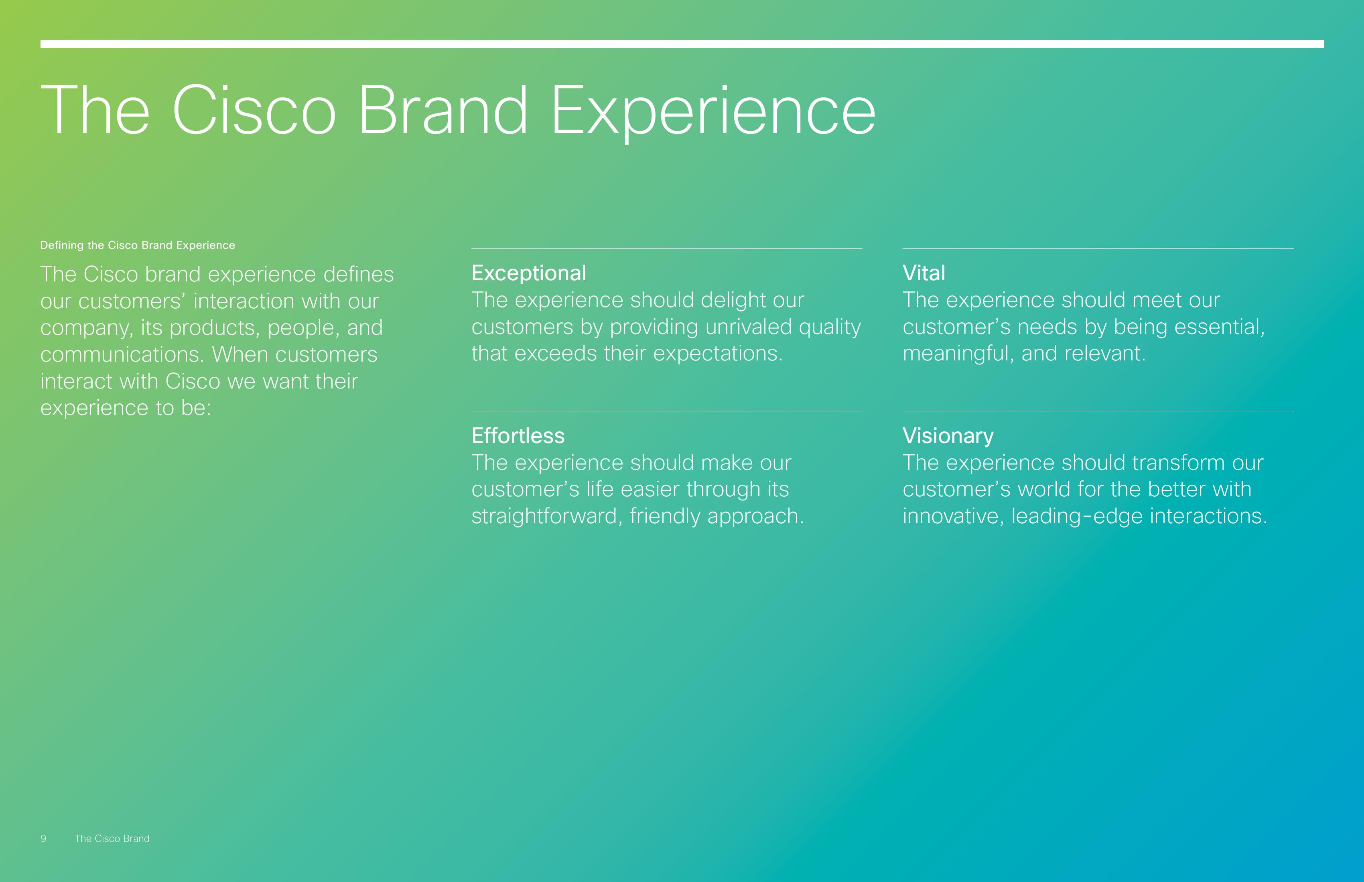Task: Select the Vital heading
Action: [x=924, y=273]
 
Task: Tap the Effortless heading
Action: [x=518, y=436]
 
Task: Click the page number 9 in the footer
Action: [x=43, y=838]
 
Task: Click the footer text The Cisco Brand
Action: [x=112, y=838]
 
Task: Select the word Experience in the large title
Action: [x=713, y=112]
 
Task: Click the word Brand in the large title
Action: [x=442, y=109]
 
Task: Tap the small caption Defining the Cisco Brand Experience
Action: [x=138, y=245]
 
